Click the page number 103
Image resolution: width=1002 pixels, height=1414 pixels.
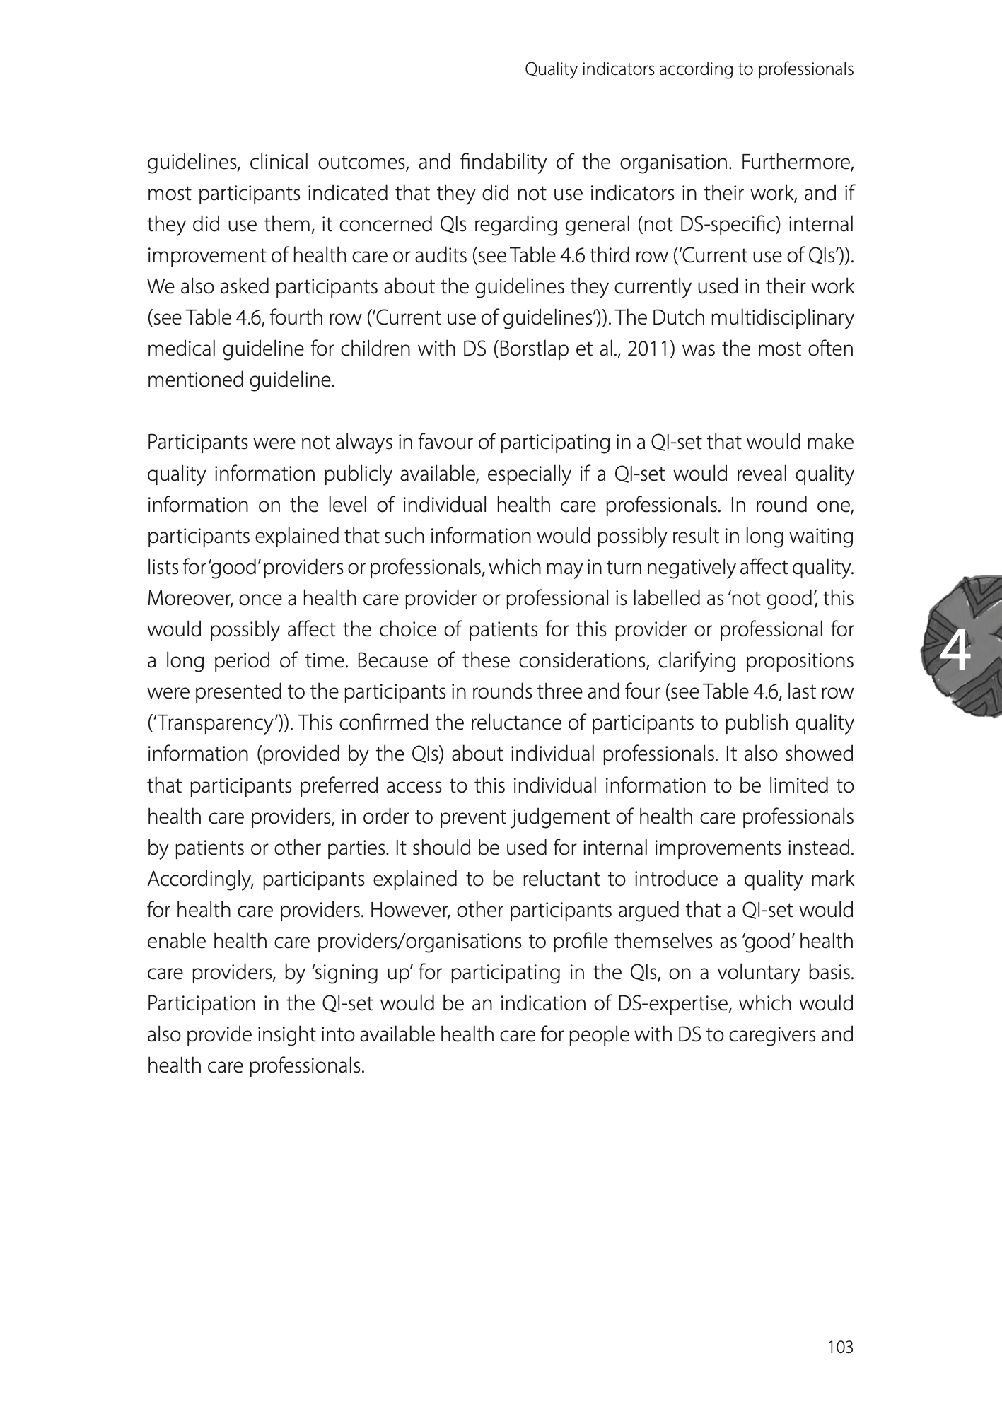coord(841,1348)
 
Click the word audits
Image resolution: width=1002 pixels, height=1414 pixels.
coord(433,256)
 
